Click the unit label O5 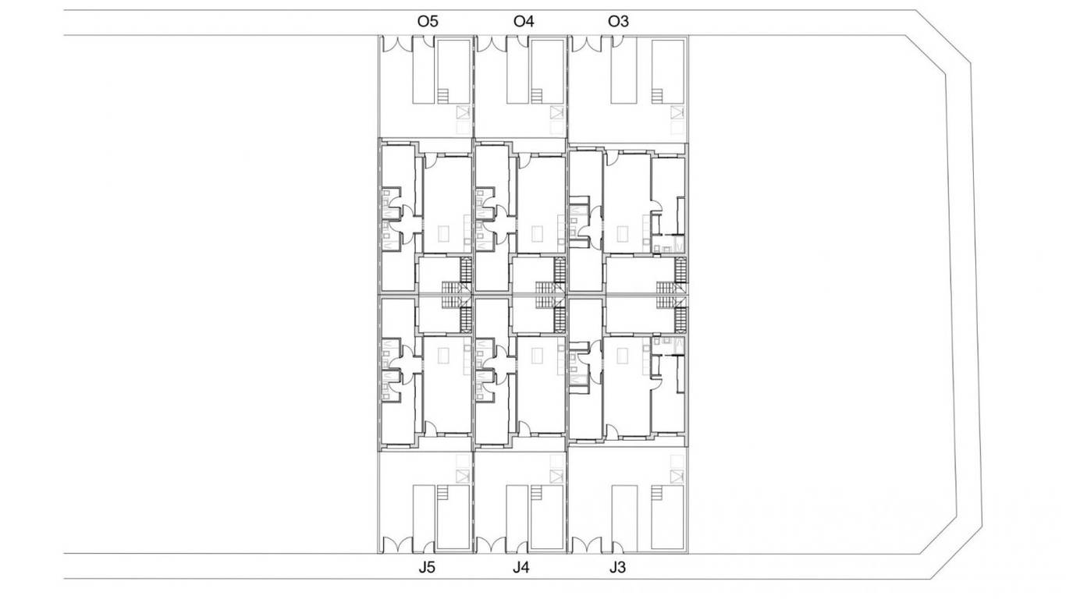(x=428, y=21)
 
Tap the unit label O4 (x=524, y=21)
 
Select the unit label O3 (x=618, y=21)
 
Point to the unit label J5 (x=427, y=568)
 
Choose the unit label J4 (x=521, y=568)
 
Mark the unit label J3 (x=618, y=568)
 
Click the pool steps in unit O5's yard (x=443, y=96)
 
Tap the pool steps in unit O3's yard (x=657, y=96)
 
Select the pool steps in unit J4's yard (x=537, y=492)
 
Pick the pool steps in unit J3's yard (x=657, y=492)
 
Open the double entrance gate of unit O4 (x=492, y=44)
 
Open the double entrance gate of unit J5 (x=397, y=545)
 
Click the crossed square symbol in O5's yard (x=463, y=113)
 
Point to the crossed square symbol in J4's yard (x=556, y=477)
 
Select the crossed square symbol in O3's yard (x=677, y=113)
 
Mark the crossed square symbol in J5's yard (x=463, y=477)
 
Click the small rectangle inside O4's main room (x=537, y=234)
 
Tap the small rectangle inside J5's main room (x=443, y=356)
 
